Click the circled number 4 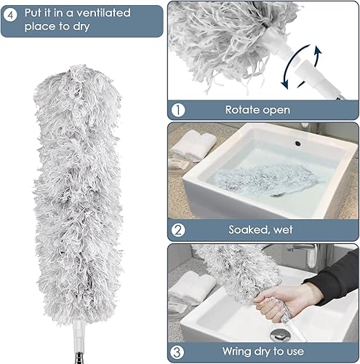point(10,15)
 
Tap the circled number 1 point(178,110)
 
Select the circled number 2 point(178,230)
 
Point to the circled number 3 point(177,352)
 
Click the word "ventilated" point(103,13)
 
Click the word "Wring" point(235,352)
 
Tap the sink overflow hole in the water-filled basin point(297,143)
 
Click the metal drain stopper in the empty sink point(281,334)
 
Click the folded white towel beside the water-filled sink point(193,145)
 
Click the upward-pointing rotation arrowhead point(318,52)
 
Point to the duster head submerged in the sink point(263,179)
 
